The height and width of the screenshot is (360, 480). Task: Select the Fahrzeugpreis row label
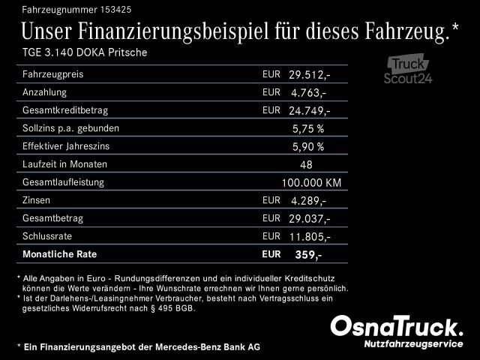[x=53, y=75]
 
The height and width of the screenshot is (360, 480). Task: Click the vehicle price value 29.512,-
[x=309, y=75]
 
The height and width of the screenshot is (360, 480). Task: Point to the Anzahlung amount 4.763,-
[x=308, y=93]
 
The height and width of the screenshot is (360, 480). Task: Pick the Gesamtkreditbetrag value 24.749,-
[x=309, y=111]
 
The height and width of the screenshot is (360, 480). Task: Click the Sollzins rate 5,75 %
[x=308, y=129]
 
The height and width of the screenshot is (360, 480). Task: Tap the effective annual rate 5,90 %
[x=308, y=147]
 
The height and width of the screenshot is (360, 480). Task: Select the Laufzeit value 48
[x=306, y=165]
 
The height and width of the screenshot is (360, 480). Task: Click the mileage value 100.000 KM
[x=311, y=183]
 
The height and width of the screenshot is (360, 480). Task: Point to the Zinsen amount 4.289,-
[x=308, y=201]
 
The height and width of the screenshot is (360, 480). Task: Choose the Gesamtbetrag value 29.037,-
[x=309, y=219]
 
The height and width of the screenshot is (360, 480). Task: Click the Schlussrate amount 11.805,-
[x=309, y=237]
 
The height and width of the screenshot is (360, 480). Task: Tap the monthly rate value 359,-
[x=308, y=255]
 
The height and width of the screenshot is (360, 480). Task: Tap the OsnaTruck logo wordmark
[x=397, y=327]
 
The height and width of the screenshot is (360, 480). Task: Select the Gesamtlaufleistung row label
[x=64, y=182]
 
